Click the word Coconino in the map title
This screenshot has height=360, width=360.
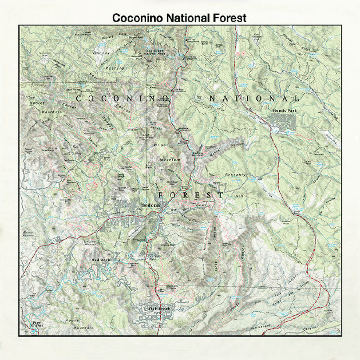(x=137, y=18)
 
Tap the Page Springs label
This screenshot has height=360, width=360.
(x=37, y=325)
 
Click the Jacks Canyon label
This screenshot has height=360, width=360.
(x=217, y=263)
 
